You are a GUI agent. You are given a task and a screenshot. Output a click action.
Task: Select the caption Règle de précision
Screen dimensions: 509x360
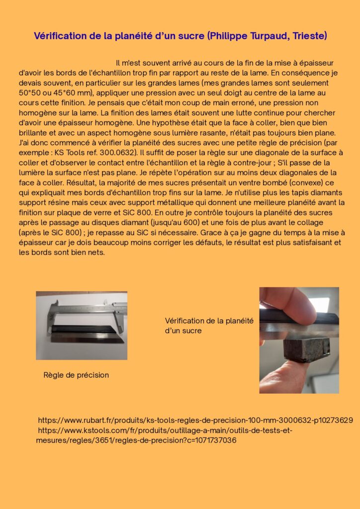(x=76, y=375)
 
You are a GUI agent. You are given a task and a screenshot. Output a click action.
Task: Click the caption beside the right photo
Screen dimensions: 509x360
(x=209, y=326)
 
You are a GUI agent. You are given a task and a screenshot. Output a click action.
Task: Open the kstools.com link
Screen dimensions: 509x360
(x=164, y=430)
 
